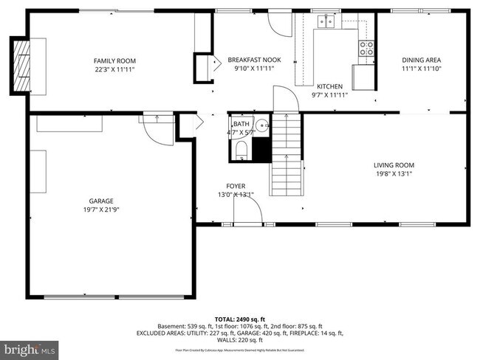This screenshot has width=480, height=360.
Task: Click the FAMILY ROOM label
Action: (x=114, y=60)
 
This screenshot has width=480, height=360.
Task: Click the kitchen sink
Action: (x=325, y=23)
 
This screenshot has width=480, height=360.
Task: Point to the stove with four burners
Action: (x=366, y=49)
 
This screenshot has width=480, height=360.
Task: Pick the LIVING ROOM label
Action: (x=394, y=165)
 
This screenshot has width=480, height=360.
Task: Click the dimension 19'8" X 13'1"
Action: (x=394, y=175)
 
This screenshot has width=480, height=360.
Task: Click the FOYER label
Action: (x=236, y=186)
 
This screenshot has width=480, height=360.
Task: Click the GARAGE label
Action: (x=101, y=201)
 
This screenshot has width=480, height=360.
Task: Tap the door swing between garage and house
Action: (x=157, y=131)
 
